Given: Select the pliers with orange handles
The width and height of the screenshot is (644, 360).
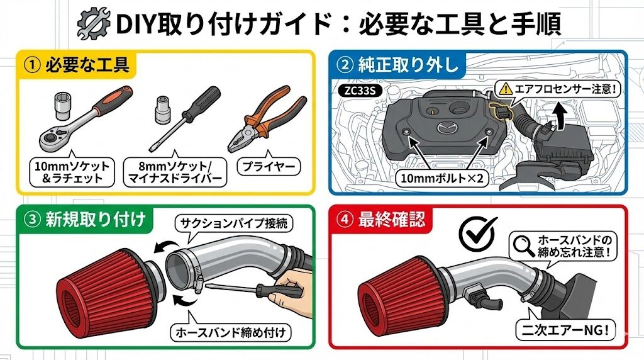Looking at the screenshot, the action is (x=267, y=118).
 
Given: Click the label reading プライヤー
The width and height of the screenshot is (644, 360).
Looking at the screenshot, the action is (x=269, y=166).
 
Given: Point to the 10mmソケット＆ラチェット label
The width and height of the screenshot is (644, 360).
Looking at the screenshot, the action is (x=72, y=172).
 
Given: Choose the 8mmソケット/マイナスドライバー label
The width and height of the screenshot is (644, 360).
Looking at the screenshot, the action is (x=175, y=172).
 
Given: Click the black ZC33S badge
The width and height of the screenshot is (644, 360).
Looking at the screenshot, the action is (x=360, y=91).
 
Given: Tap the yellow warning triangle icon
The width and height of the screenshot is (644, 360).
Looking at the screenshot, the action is (x=506, y=88).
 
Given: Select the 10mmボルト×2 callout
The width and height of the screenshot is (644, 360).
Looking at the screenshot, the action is (x=442, y=178).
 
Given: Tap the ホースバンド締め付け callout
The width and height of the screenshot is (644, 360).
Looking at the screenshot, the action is (x=230, y=332).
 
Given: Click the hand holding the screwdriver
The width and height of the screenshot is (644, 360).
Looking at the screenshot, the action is (x=291, y=288).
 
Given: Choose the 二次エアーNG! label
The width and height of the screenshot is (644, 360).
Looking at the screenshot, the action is (x=565, y=330).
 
